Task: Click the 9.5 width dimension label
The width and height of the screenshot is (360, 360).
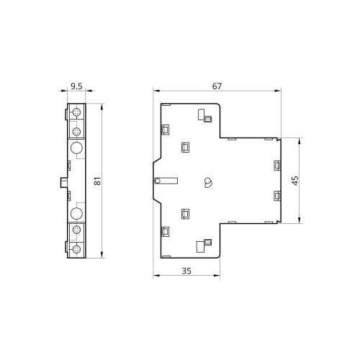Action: click(76, 86)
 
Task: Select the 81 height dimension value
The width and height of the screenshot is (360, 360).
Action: click(97, 181)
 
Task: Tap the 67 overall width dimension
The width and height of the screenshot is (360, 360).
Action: click(217, 86)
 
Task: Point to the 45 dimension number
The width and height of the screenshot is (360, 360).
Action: click(295, 181)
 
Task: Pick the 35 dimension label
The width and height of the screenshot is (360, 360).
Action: click(186, 271)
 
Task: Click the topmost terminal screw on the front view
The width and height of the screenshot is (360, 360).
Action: click(76, 112)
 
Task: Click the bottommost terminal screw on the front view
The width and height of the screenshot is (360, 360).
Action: click(76, 249)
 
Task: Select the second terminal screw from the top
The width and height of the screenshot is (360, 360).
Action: click(76, 131)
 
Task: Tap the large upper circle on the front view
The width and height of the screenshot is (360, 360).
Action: click(76, 148)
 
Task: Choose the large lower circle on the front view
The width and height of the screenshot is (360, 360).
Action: click(76, 213)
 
